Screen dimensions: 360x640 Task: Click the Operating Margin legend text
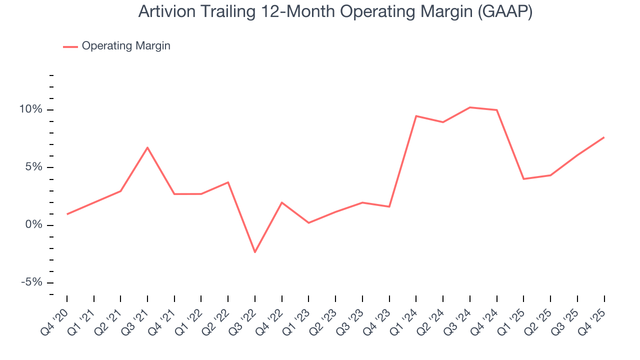[126, 46]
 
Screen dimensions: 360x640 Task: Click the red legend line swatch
[70, 46]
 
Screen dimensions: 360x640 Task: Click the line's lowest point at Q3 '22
[255, 252]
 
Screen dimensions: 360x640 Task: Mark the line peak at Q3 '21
[147, 147]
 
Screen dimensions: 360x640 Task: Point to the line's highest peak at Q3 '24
[470, 107]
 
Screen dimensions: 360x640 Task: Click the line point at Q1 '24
[416, 116]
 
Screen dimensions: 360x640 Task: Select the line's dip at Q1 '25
[523, 179]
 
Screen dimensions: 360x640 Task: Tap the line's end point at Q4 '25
[604, 137]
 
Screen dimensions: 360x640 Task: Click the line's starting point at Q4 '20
[67, 214]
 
